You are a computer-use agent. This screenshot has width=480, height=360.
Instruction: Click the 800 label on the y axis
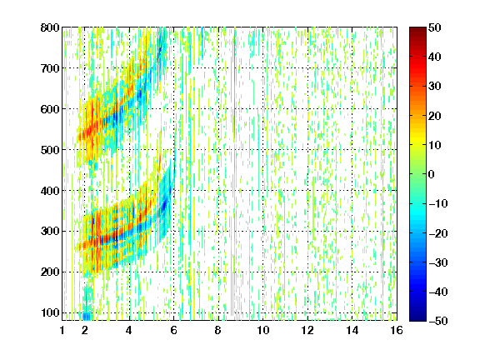coord(50,27)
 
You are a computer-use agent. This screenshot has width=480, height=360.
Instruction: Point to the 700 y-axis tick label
coord(50,68)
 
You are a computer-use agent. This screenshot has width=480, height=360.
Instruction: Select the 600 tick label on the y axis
coord(50,109)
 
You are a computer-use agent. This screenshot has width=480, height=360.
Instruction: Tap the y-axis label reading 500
coord(50,150)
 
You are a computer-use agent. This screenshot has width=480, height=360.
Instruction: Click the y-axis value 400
coord(50,191)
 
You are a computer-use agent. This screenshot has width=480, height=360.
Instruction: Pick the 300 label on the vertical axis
coord(50,232)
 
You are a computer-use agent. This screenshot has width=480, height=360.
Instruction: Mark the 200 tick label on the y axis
coord(50,272)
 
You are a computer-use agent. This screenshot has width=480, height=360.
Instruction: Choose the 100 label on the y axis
coord(50,312)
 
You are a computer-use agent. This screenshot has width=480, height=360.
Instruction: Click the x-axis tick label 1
coord(62,330)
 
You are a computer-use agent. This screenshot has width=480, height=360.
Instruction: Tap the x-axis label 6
coord(174,330)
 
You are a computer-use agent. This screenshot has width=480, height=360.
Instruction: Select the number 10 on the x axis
coord(263,330)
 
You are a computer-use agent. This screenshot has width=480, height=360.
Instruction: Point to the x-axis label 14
coord(352,330)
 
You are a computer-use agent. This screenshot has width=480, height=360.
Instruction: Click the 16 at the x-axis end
coord(397,330)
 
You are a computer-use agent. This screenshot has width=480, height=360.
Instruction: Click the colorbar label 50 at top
coord(435,27)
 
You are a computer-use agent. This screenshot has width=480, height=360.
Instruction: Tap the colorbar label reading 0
coord(432,174)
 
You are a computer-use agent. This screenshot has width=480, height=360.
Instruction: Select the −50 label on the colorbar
coord(438,321)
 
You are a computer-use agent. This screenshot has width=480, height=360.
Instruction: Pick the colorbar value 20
coord(435,116)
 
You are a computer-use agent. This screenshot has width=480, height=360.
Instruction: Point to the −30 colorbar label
coord(438,262)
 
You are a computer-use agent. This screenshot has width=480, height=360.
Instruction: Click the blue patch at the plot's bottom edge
coord(87,315)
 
